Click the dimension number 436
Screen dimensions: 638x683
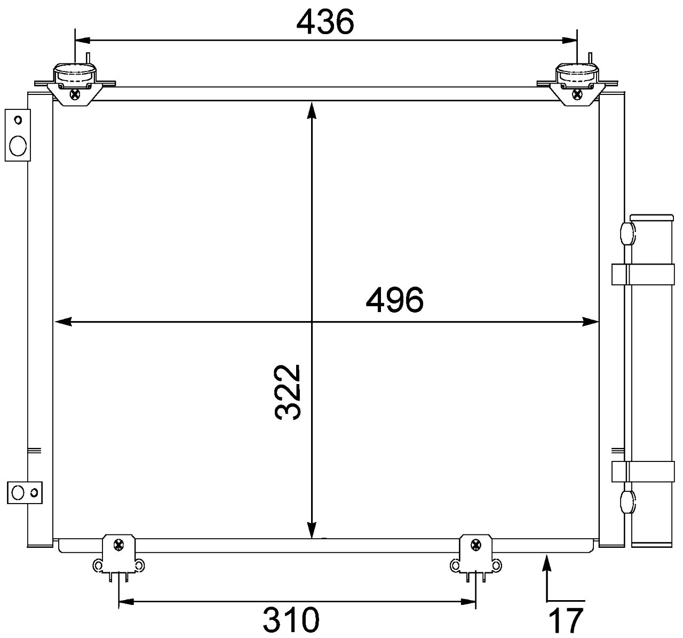point(325,22)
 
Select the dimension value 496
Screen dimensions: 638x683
point(394,300)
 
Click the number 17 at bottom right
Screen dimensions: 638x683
point(566,620)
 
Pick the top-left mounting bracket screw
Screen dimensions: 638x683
point(75,94)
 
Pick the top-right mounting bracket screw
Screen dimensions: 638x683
point(577,94)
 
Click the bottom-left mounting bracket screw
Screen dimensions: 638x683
point(118,545)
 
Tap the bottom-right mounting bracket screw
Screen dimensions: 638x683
point(475,545)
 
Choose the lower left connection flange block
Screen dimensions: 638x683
point(25,492)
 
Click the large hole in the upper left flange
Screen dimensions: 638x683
point(18,145)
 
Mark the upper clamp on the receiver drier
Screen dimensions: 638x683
point(642,274)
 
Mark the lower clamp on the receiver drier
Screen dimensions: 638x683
point(642,471)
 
